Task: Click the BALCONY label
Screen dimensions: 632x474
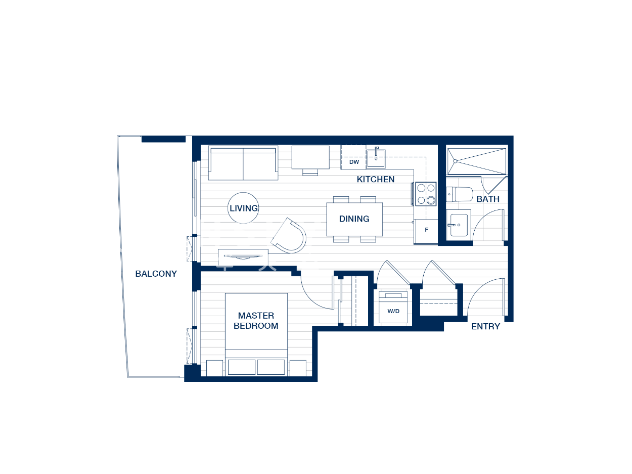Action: point(156,274)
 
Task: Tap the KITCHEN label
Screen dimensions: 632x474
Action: point(376,179)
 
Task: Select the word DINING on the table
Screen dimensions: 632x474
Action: point(354,219)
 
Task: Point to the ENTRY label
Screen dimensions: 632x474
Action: point(485,326)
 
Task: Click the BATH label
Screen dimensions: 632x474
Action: point(488,199)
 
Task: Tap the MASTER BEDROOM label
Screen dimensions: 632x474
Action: point(256,321)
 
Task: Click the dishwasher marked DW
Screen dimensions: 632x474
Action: point(353,157)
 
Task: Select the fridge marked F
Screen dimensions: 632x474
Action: point(426,232)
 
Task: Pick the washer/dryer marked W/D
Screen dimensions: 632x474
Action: point(393,307)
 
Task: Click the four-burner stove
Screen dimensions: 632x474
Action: point(426,194)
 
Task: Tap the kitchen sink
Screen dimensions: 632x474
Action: point(376,158)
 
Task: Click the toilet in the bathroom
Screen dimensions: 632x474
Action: point(459,194)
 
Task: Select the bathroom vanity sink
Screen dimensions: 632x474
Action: point(459,225)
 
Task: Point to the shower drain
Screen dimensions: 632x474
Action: point(455,161)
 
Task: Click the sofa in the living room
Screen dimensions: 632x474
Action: point(243,163)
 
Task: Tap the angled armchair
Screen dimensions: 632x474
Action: point(289,236)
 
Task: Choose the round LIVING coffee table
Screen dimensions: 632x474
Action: point(243,208)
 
